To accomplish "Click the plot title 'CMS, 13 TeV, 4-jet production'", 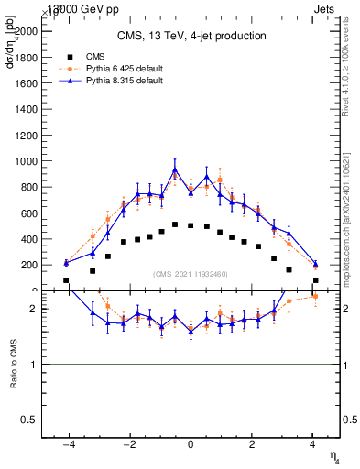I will [191, 36].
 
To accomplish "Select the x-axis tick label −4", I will [67, 444].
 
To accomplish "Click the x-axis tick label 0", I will [191, 444].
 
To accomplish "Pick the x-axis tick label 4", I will [313, 444].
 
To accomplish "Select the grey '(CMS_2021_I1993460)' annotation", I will [191, 273].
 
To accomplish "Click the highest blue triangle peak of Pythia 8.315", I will [175, 169].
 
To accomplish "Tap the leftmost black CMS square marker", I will [66, 280].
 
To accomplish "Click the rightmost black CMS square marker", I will [315, 280].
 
